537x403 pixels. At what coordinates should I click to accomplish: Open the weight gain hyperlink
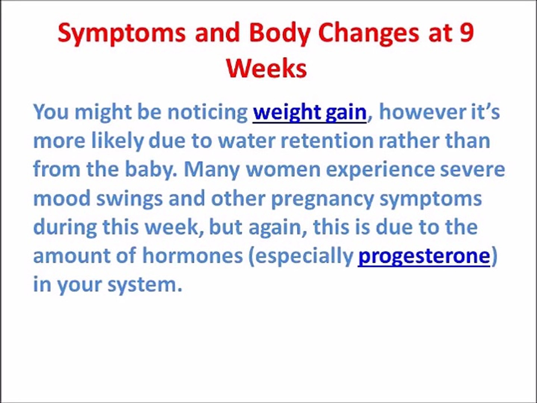click(x=310, y=113)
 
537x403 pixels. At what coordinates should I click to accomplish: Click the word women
click(x=283, y=170)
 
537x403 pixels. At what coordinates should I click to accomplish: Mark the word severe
click(x=472, y=170)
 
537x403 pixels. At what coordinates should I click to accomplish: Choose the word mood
click(x=62, y=198)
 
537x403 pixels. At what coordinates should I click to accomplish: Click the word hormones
click(x=192, y=256)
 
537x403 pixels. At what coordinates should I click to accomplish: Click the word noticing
click(x=207, y=113)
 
